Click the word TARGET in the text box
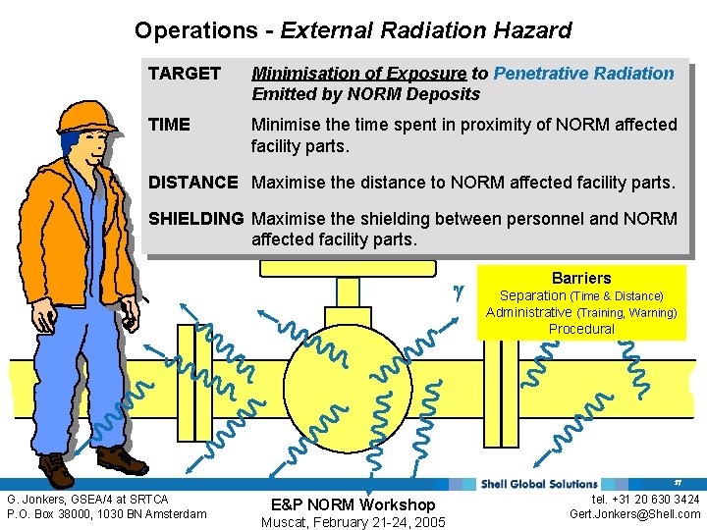[185, 74]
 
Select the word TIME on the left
[169, 125]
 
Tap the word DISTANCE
[192, 183]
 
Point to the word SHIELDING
[195, 219]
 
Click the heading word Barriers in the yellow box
[581, 278]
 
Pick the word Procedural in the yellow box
[581, 329]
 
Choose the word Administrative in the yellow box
[528, 312]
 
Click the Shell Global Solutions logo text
[540, 483]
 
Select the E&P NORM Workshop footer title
[353, 504]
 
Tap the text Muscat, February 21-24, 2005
[353, 522]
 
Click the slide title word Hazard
[530, 30]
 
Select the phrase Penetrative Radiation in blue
[583, 74]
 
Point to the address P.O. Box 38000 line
[107, 513]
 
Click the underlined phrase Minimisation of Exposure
[359, 74]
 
